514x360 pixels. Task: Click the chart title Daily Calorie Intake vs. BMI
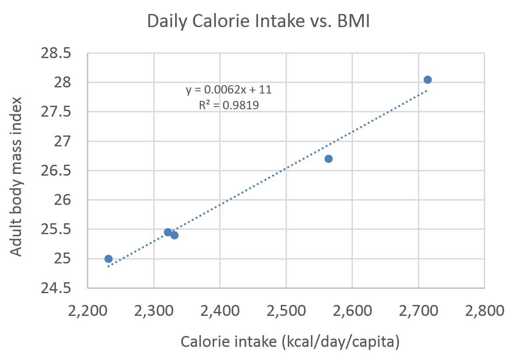[x=258, y=21]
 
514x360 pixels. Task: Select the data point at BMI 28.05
[x=428, y=80]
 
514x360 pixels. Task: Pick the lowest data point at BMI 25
[x=108, y=259]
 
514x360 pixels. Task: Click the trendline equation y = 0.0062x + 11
[x=229, y=90]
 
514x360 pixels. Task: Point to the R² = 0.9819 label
[x=229, y=105]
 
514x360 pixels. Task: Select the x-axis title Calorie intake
[x=290, y=342]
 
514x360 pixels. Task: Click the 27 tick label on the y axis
[x=62, y=142]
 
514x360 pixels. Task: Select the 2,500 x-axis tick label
[x=286, y=311]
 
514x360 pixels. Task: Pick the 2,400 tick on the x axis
[x=220, y=311]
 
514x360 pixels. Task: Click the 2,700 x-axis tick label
[x=418, y=311]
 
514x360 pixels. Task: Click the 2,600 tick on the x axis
[x=352, y=311]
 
